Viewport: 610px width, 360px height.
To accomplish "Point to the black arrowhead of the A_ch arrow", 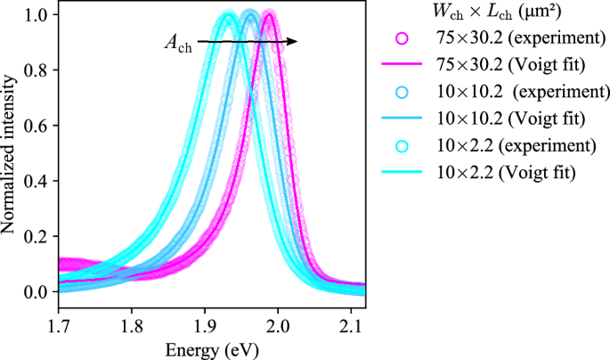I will click(293, 41).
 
